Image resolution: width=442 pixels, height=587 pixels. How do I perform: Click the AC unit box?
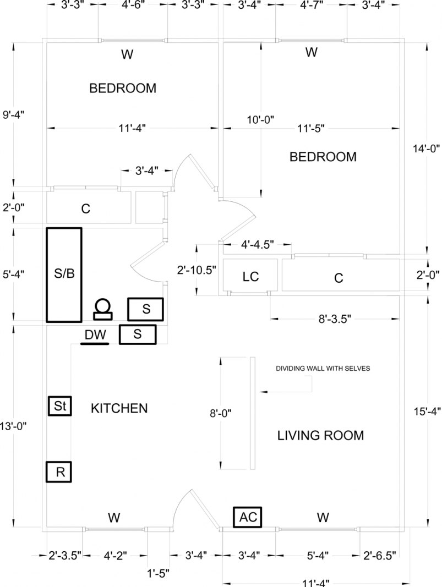[x=247, y=517]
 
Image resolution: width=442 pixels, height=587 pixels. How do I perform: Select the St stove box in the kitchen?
[x=59, y=407]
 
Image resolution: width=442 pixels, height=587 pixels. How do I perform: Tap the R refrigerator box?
[x=59, y=472]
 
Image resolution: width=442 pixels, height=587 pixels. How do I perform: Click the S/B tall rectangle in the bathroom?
[x=64, y=274]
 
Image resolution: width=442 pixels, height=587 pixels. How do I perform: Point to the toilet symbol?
[x=102, y=309]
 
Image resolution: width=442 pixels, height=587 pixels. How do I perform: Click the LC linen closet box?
[x=250, y=277]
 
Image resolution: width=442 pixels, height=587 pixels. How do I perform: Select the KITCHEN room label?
[x=119, y=409]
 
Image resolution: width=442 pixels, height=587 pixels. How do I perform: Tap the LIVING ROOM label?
[x=320, y=436]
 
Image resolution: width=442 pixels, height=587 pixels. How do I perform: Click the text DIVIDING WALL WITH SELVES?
[x=323, y=369]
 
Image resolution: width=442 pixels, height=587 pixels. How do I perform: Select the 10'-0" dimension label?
[x=260, y=119]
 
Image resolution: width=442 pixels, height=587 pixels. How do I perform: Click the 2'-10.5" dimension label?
[x=196, y=270]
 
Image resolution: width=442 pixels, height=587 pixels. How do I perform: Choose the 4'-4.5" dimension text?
[x=258, y=244]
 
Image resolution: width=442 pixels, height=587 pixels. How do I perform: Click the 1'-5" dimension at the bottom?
[x=159, y=571]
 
